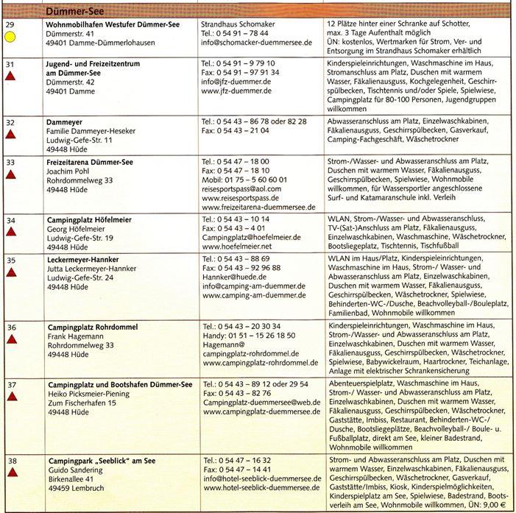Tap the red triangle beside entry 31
(11, 79)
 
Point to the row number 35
(10, 260)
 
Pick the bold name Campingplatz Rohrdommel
(93, 326)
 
